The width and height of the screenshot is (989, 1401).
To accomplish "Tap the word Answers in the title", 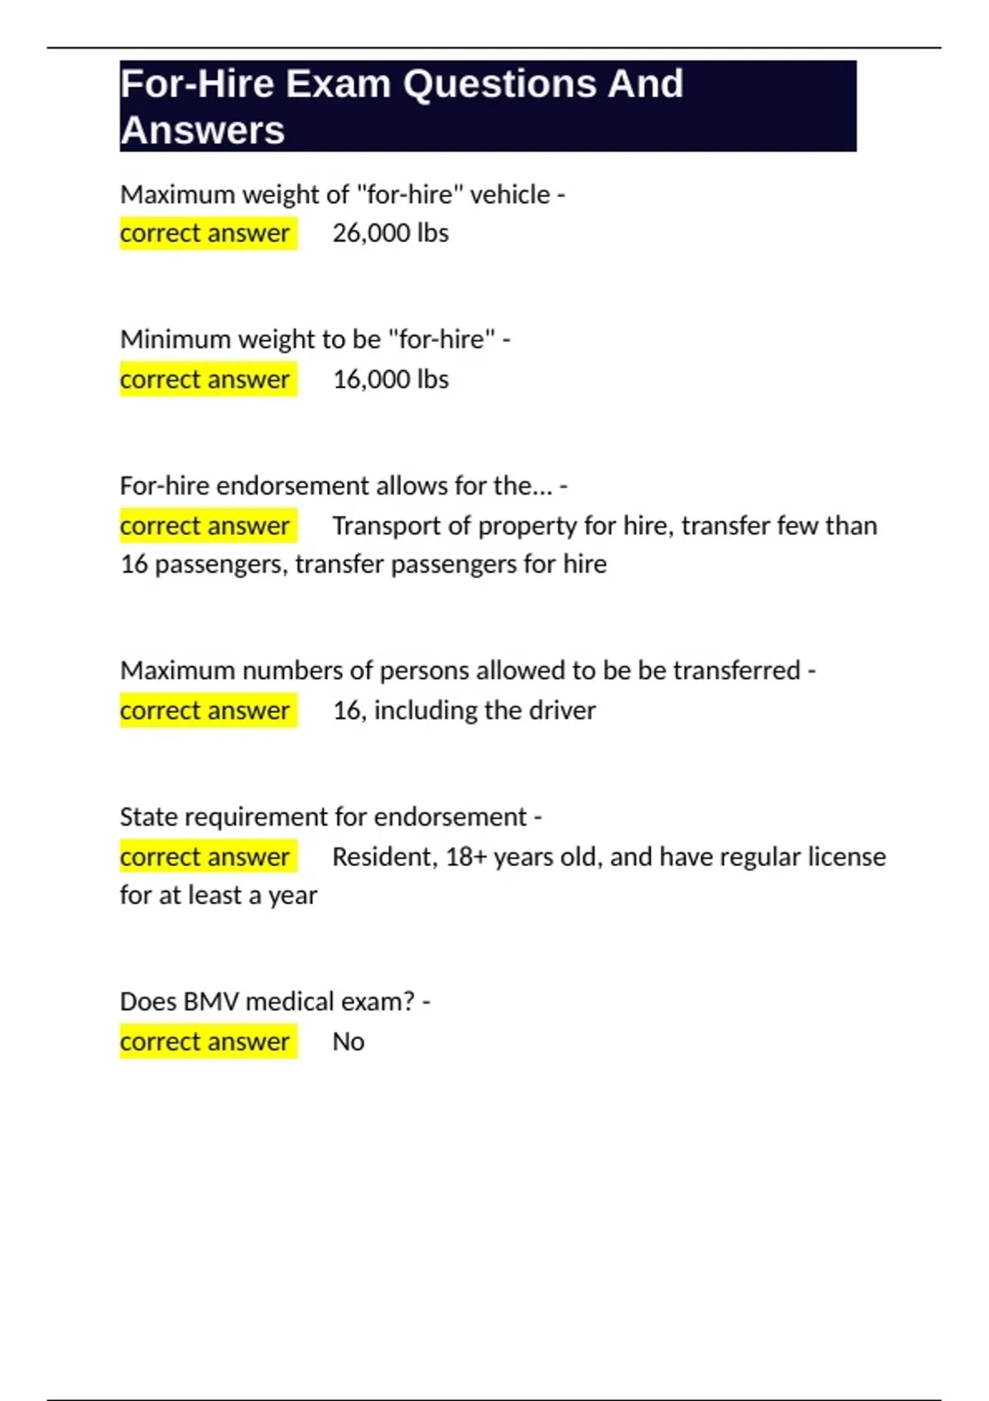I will pos(203,130).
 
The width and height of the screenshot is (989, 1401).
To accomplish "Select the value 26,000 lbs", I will pos(391,233).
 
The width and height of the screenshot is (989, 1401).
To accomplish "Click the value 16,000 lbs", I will pos(391,380).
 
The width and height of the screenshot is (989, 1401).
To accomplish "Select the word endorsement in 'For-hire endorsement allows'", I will pos(293,485).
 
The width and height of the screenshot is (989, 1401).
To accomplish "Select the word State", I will pos(148,817).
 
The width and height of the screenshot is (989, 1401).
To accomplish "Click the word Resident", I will pos(383,857).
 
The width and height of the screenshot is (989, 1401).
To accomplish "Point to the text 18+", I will pos(466,857).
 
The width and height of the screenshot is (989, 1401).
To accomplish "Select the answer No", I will pos(348,1042).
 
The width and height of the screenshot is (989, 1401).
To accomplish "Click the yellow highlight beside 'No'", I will pos(208,1042).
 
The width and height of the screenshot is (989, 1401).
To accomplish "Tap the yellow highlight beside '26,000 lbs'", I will pos(208,233).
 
